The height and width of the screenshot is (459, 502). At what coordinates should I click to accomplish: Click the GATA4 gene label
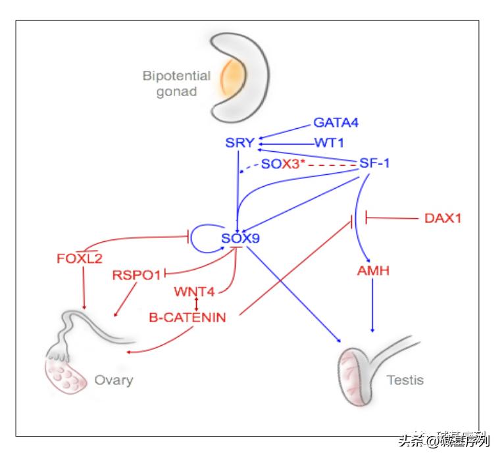pos(336,122)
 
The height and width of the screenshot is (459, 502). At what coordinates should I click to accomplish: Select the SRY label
pos(239,141)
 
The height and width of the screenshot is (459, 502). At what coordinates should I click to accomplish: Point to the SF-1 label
pos(374,162)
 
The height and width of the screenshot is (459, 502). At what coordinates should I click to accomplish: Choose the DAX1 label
pos(441,217)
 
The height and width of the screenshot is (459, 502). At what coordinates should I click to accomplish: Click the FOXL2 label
pos(80,258)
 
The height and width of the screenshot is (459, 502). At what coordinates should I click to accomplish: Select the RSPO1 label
pos(136,274)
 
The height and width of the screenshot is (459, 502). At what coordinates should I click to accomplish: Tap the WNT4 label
pos(195,291)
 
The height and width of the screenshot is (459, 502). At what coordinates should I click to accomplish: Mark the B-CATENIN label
pos(188,318)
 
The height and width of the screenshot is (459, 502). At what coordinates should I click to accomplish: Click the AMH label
pos(373,270)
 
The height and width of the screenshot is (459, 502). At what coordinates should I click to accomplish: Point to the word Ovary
pos(113,379)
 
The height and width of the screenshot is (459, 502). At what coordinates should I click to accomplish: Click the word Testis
pos(405,379)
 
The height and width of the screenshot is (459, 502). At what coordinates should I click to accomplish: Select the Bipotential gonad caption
pos(176,84)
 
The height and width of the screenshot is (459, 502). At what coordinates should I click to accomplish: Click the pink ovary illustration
pos(64,378)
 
